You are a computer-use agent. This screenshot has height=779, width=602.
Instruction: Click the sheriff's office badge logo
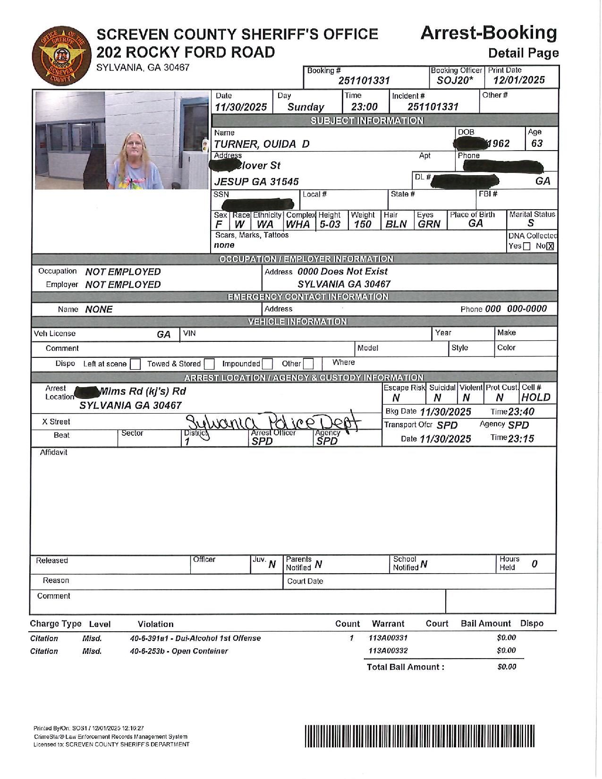pos(59,56)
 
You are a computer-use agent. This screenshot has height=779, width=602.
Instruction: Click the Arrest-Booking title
pos(488,33)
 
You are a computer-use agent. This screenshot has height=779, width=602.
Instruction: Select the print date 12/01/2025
pos(519,80)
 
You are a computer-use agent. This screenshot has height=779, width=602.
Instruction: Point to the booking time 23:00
pos(365,107)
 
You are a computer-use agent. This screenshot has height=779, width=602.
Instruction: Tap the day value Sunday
pos(305,107)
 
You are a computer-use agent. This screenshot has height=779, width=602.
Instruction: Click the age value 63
pos(537,144)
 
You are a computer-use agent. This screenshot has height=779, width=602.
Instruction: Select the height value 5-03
pos(330,224)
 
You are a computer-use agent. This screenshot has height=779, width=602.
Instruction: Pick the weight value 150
pos(362,224)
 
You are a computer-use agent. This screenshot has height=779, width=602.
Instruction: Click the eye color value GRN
pos(429,224)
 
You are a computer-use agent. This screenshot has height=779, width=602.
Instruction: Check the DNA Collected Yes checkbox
pos(527,246)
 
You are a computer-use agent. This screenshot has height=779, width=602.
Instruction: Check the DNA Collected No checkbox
pos(550,246)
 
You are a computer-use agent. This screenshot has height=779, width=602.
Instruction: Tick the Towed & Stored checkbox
pos(209,364)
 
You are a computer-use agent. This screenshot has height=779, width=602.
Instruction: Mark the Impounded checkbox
pos(267,364)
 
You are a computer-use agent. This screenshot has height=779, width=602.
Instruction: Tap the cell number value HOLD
pos(536,398)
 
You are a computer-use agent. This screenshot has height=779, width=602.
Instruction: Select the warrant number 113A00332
pos(388,651)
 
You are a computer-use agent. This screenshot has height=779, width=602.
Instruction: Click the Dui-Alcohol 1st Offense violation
pos(195,638)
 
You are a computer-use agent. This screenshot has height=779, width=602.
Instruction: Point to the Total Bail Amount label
pos(405,667)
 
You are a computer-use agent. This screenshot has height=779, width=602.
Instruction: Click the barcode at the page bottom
pos(420,737)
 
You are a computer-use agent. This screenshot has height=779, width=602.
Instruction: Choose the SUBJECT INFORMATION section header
pos(367,121)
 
